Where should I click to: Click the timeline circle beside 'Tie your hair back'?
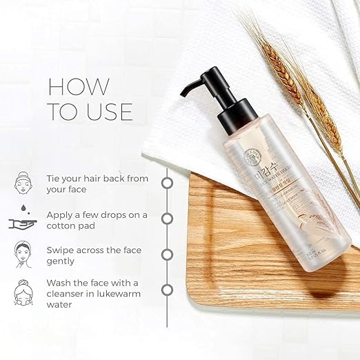(x=166, y=183)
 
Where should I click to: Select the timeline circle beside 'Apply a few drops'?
(x=166, y=219)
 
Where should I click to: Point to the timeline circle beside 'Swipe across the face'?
(x=166, y=254)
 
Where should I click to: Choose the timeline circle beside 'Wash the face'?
(x=166, y=290)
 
